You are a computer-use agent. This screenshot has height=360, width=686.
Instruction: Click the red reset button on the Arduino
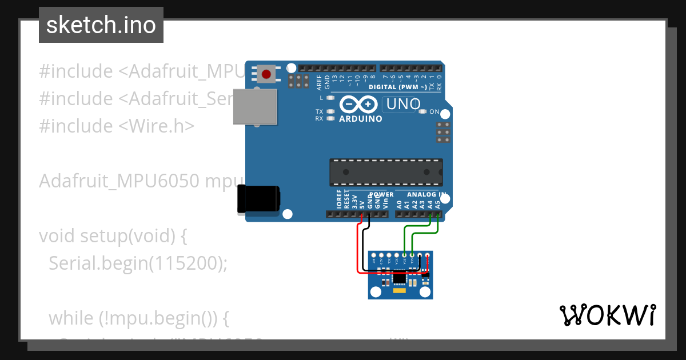click(x=266, y=74)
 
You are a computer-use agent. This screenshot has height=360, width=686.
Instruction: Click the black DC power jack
click(x=260, y=198)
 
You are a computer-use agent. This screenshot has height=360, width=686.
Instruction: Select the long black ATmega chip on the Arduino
click(x=386, y=171)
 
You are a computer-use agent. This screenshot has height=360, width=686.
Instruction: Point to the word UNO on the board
click(x=404, y=105)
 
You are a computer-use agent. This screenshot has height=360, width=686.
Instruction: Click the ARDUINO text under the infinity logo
click(x=360, y=119)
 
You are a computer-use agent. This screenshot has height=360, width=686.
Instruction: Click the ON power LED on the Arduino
click(x=423, y=111)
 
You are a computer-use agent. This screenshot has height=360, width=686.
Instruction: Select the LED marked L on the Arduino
click(x=330, y=98)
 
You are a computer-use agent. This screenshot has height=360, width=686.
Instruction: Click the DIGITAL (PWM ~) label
click(x=397, y=87)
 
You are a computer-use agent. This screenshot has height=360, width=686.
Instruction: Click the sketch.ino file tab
click(x=101, y=25)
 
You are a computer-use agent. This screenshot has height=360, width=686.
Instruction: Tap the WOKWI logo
click(x=607, y=315)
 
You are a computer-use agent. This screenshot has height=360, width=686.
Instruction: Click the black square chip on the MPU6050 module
click(x=400, y=278)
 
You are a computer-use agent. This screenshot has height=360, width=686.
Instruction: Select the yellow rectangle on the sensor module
click(x=400, y=292)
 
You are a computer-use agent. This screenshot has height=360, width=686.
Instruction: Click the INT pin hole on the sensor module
click(x=374, y=255)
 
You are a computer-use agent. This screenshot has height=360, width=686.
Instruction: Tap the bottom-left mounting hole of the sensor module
click(x=376, y=293)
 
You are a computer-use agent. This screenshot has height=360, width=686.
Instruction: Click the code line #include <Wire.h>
click(x=117, y=126)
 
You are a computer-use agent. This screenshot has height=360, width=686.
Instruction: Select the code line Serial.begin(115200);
click(x=138, y=263)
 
